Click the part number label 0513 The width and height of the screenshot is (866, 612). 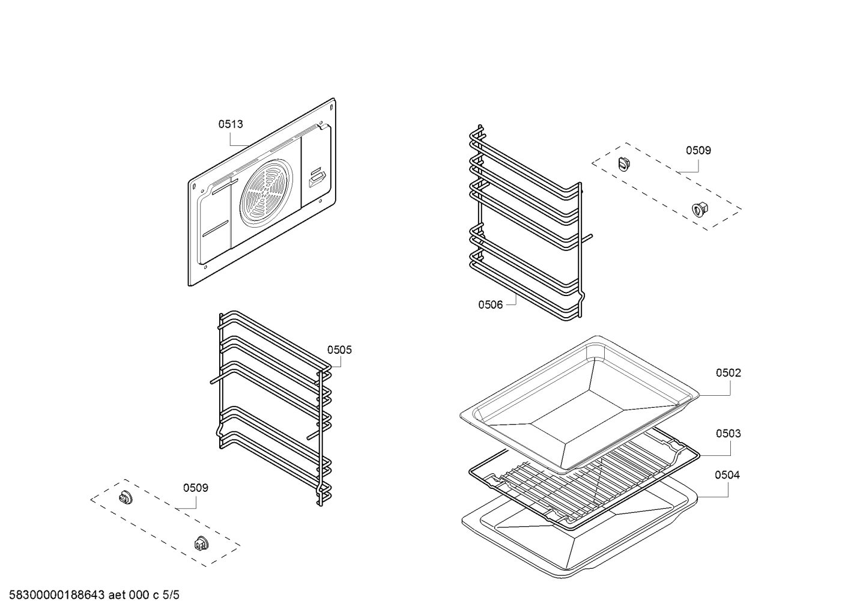tap(230, 124)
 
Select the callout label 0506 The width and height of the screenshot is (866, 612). tap(490, 304)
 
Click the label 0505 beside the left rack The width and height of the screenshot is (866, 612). tap(339, 350)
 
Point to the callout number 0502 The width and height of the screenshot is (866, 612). tap(728, 373)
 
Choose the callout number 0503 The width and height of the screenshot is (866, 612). tap(728, 434)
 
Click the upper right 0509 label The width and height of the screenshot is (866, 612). tap(698, 150)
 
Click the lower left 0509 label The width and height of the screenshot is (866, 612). tap(195, 488)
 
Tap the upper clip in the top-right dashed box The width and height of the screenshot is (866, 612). tap(623, 163)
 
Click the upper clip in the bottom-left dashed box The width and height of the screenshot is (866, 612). tap(125, 497)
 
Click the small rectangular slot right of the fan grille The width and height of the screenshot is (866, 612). tap(316, 178)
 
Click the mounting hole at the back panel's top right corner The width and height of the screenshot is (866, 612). tap(331, 107)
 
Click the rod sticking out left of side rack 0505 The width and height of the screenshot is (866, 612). tap(215, 380)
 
